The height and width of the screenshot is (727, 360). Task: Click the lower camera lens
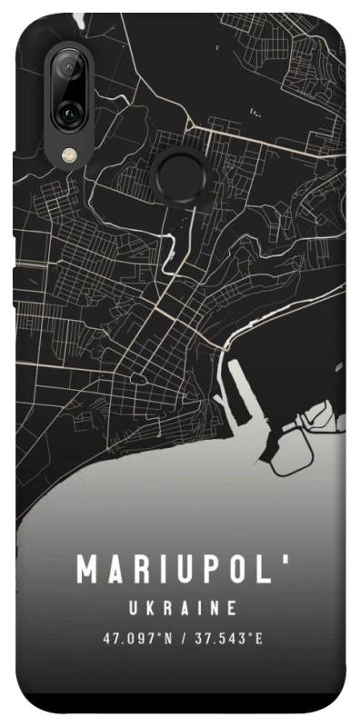68,113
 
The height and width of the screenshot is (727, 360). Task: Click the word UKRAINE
181,607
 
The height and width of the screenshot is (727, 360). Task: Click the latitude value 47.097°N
136,638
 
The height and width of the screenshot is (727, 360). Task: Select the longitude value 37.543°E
226,638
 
